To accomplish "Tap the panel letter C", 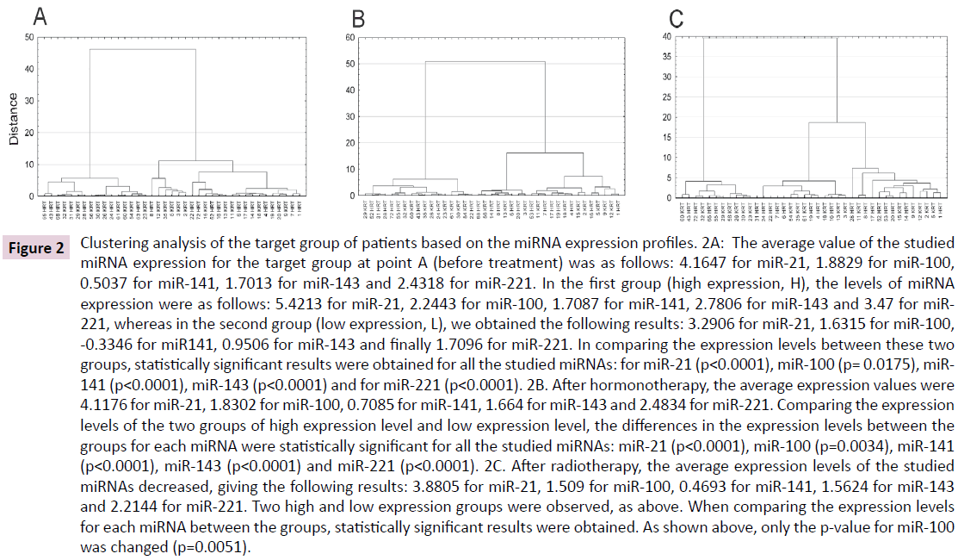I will (x=677, y=16).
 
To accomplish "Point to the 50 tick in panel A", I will (x=29, y=38).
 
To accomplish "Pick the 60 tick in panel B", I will (x=351, y=38).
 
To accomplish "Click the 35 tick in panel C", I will (x=668, y=56).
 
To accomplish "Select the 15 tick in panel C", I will (x=668, y=137).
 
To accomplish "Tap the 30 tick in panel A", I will (x=29, y=102).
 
